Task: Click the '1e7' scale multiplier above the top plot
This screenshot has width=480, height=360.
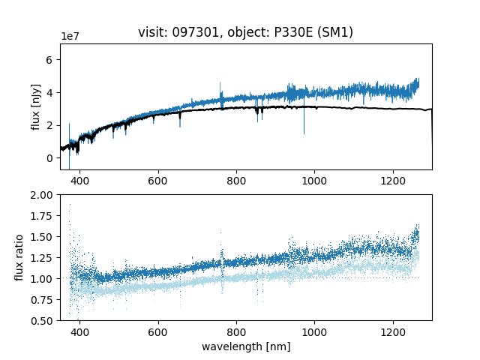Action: tap(70, 37)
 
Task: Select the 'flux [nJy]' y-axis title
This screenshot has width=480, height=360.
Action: tap(35, 106)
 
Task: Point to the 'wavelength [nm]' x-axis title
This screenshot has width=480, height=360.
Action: tap(245, 346)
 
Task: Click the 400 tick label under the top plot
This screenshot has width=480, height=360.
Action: tap(79, 181)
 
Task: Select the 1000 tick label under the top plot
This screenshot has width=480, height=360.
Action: tap(314, 181)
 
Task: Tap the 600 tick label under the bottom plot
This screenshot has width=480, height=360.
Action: tap(157, 332)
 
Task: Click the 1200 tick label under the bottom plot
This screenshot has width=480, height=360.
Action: tap(393, 332)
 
